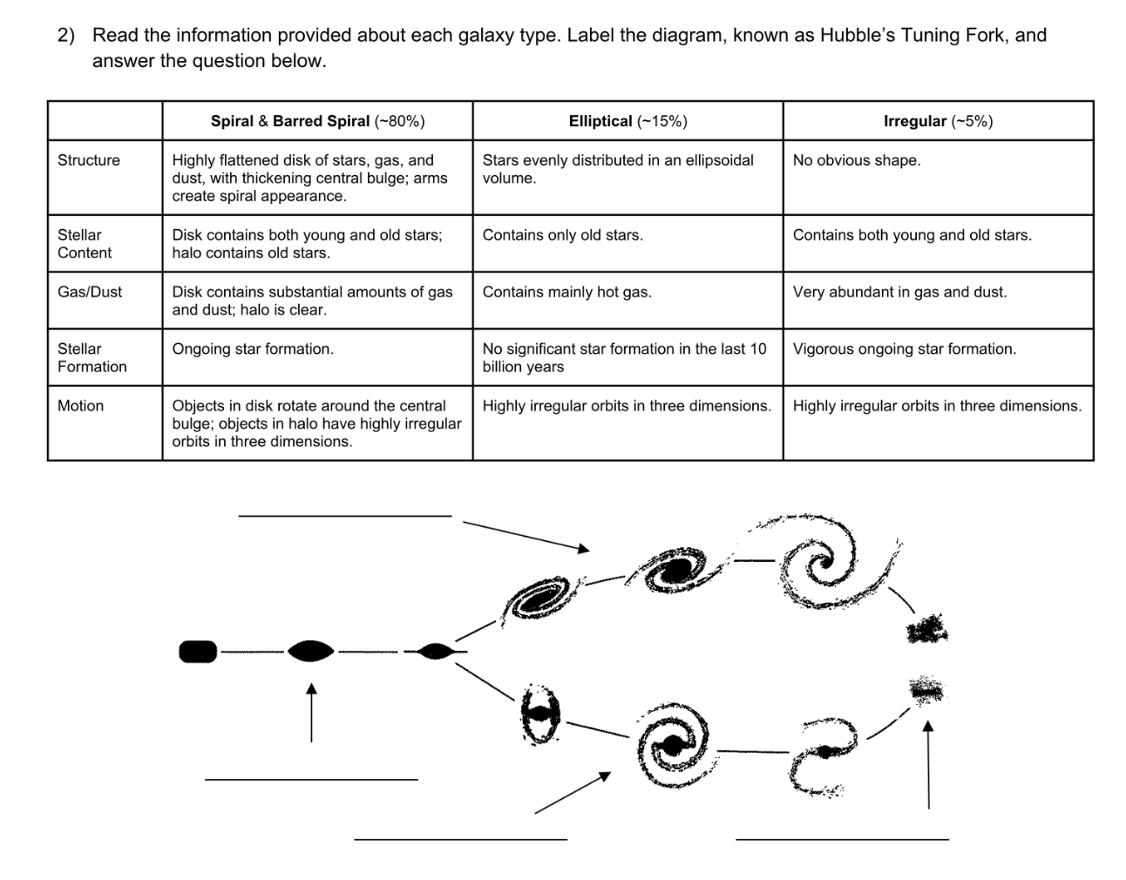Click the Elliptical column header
click(627, 121)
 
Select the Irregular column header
click(938, 121)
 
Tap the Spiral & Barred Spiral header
click(317, 121)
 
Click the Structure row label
click(89, 160)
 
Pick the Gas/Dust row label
click(90, 292)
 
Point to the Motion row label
click(80, 406)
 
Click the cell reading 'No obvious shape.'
click(857, 160)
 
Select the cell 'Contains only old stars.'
click(563, 235)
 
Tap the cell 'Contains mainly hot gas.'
click(567, 292)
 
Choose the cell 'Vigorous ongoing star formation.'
click(905, 349)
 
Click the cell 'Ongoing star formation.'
click(253, 349)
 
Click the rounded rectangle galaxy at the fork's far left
click(198, 651)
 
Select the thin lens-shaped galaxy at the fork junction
click(433, 651)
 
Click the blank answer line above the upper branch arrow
click(345, 516)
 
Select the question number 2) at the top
click(67, 36)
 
